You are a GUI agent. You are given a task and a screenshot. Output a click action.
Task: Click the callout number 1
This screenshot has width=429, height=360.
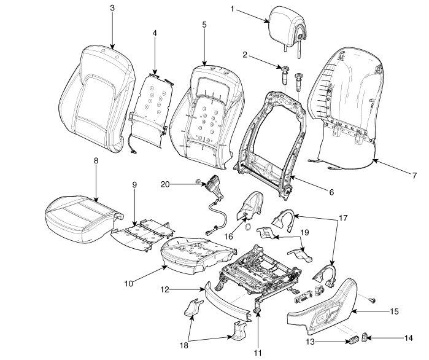[233, 10]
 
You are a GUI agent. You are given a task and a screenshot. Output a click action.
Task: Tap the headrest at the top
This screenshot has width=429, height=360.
[287, 23]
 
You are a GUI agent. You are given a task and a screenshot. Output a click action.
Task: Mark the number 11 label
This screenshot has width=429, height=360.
[258, 353]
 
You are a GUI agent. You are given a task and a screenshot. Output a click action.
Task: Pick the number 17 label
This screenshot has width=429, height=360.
[342, 219]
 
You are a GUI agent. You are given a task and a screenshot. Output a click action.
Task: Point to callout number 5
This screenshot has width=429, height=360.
[204, 25]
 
